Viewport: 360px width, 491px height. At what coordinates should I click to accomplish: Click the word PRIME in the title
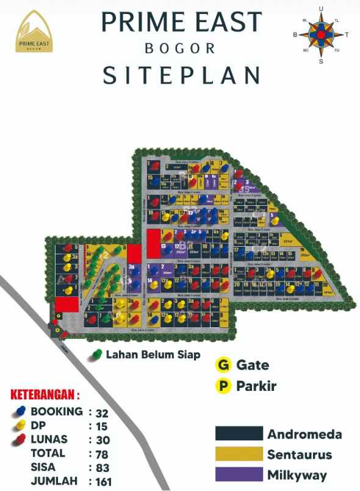139,23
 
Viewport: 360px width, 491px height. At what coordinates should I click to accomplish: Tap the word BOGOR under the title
180,48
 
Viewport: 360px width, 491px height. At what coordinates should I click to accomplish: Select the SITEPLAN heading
181,75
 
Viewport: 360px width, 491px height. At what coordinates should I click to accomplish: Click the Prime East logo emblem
35,32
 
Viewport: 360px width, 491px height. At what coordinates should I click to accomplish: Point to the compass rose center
321,35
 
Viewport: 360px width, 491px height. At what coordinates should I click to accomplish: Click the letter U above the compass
321,9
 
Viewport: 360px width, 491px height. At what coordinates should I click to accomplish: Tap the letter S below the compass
321,61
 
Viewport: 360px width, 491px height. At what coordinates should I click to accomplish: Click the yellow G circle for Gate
224,365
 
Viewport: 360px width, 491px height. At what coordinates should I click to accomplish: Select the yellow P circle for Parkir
224,386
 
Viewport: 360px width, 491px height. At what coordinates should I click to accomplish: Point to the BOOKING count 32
103,412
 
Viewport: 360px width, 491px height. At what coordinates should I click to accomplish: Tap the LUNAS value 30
103,440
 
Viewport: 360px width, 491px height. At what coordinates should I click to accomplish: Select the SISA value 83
103,467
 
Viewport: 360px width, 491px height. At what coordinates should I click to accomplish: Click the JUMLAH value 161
105,481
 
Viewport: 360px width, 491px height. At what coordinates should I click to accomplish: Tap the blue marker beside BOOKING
20,412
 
